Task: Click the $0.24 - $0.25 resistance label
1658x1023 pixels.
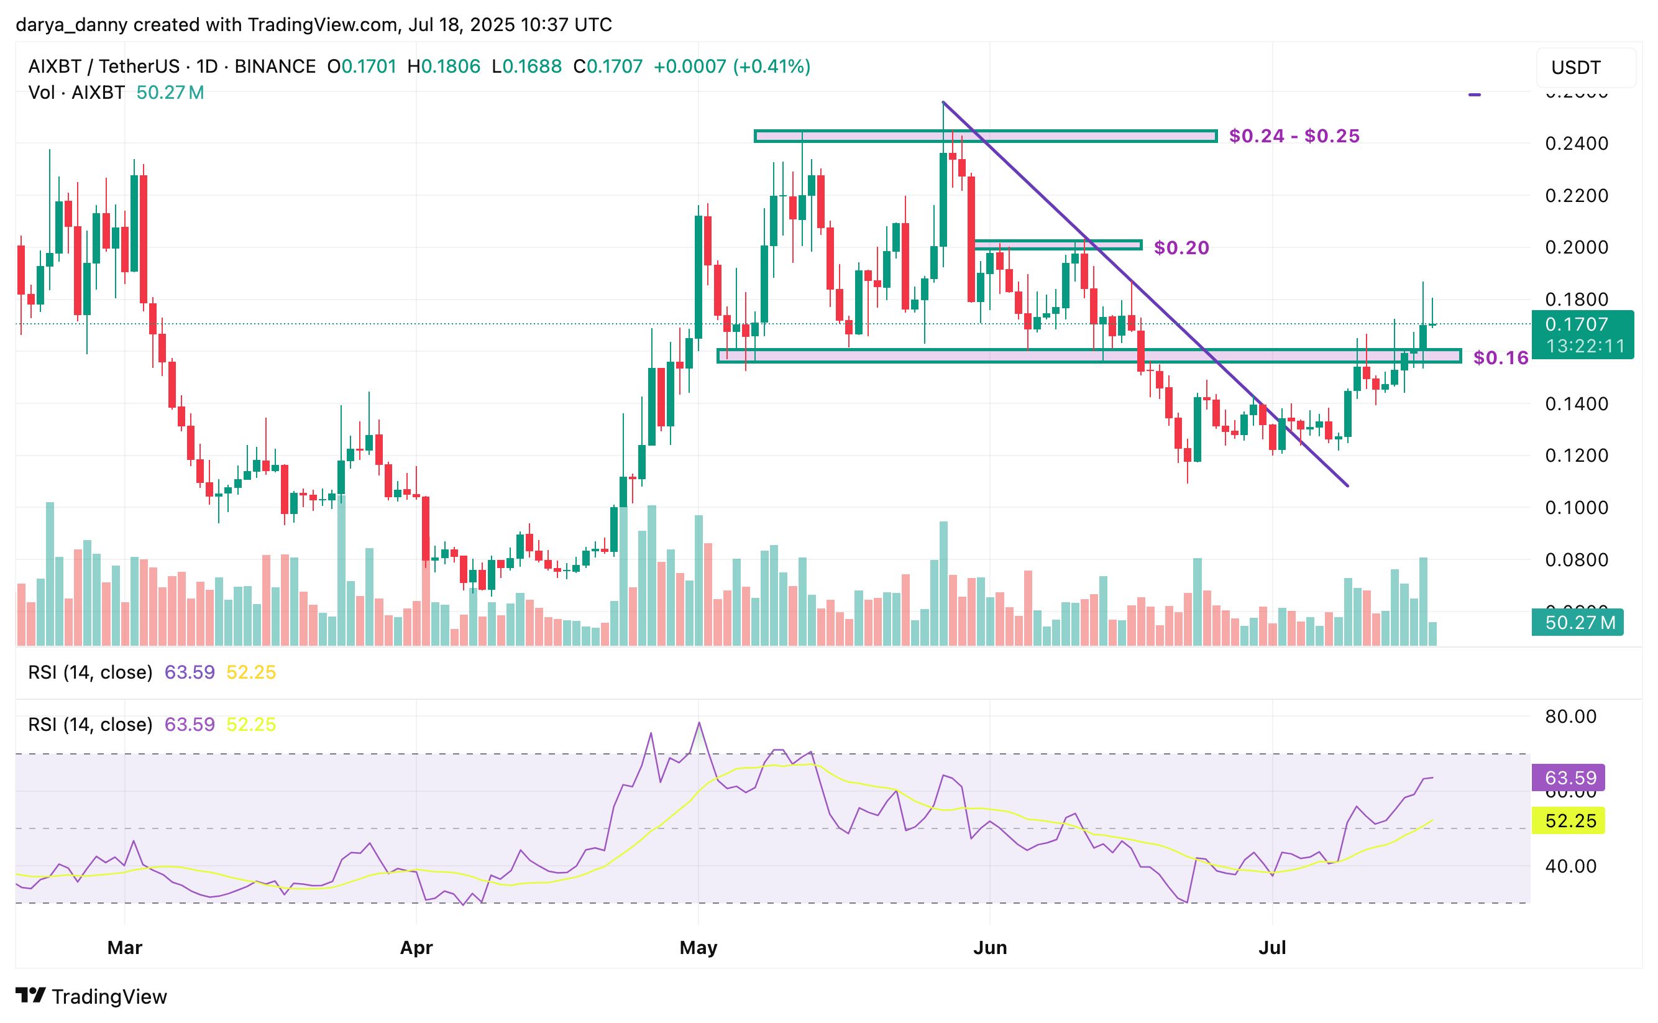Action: pos(1293,136)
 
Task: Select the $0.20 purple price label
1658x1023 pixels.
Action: pos(1181,247)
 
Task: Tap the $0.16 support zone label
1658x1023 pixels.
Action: pos(1500,357)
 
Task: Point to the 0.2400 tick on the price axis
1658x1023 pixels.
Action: pos(1576,144)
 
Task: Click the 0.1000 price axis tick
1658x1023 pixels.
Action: pos(1576,507)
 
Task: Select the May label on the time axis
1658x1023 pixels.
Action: pos(698,947)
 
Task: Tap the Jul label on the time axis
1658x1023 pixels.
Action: pos(1271,947)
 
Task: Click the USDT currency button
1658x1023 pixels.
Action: pos(1575,68)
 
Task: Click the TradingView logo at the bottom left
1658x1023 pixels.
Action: pos(91,996)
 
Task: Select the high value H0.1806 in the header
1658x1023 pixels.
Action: pos(444,67)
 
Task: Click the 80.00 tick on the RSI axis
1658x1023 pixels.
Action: pos(1570,717)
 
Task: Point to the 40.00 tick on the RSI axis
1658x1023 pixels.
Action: pos(1570,866)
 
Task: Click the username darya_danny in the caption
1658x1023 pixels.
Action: pos(71,25)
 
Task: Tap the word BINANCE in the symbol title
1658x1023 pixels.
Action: pos(275,67)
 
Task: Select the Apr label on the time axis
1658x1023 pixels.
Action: pos(416,947)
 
